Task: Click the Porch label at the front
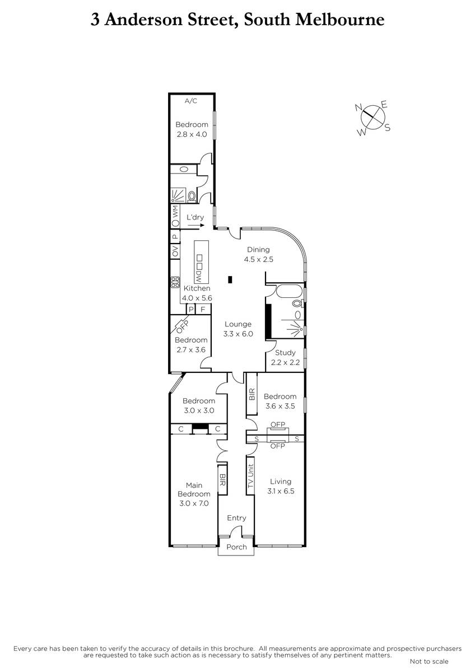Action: pyautogui.click(x=236, y=547)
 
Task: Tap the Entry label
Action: pyautogui.click(x=236, y=518)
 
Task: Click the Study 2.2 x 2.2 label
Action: pyautogui.click(x=285, y=357)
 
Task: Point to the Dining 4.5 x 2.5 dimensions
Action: pyautogui.click(x=258, y=259)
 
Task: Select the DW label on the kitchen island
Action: pyautogui.click(x=199, y=276)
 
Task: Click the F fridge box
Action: pyautogui.click(x=203, y=309)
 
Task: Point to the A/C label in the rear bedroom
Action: pyautogui.click(x=191, y=101)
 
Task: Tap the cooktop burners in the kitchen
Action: pyautogui.click(x=175, y=282)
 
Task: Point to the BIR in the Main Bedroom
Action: pyautogui.click(x=222, y=480)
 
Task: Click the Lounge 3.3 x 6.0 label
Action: pyautogui.click(x=238, y=329)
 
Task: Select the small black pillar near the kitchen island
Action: pyautogui.click(x=230, y=279)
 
